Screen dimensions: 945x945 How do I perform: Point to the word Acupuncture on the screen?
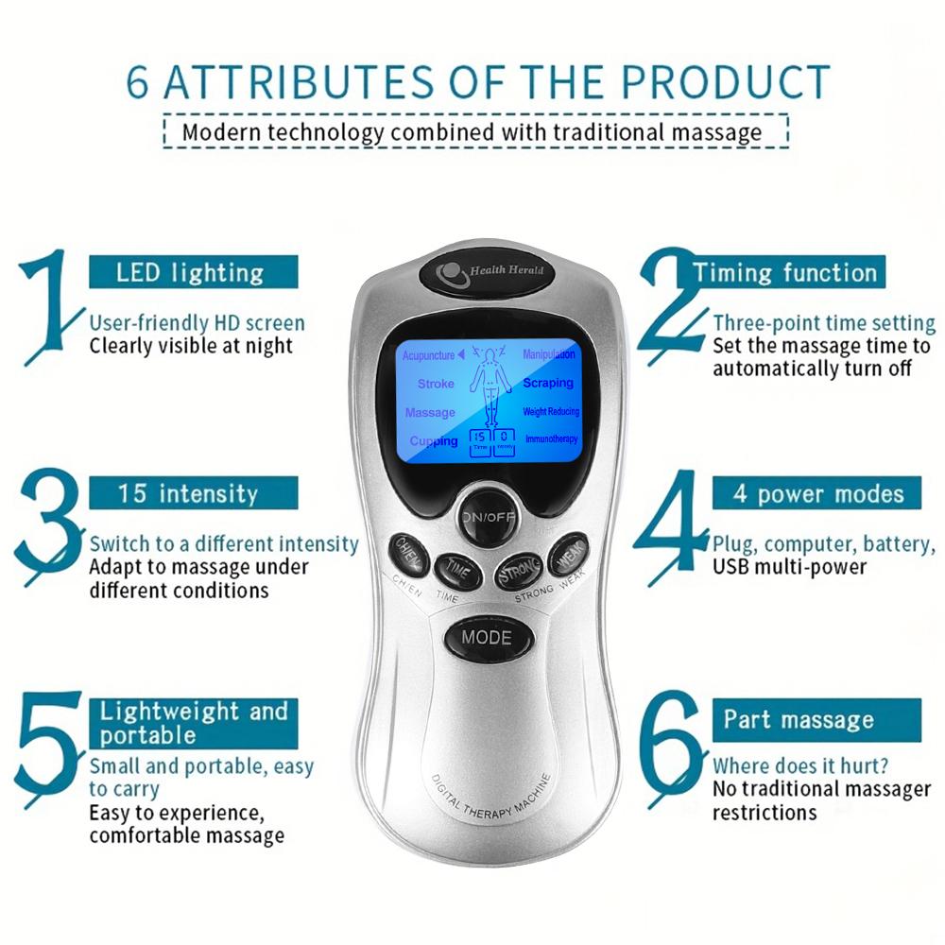(x=428, y=355)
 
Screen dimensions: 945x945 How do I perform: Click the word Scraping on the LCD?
(x=548, y=383)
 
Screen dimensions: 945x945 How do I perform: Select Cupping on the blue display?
(x=434, y=440)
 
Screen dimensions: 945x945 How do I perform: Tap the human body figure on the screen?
(x=490, y=386)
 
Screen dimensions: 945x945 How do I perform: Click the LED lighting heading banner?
(x=194, y=272)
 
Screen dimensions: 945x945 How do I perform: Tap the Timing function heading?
(x=784, y=272)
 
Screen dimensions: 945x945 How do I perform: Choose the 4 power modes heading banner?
(x=816, y=493)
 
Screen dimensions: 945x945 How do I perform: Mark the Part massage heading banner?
(x=816, y=720)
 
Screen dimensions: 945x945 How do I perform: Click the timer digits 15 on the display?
(x=480, y=437)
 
